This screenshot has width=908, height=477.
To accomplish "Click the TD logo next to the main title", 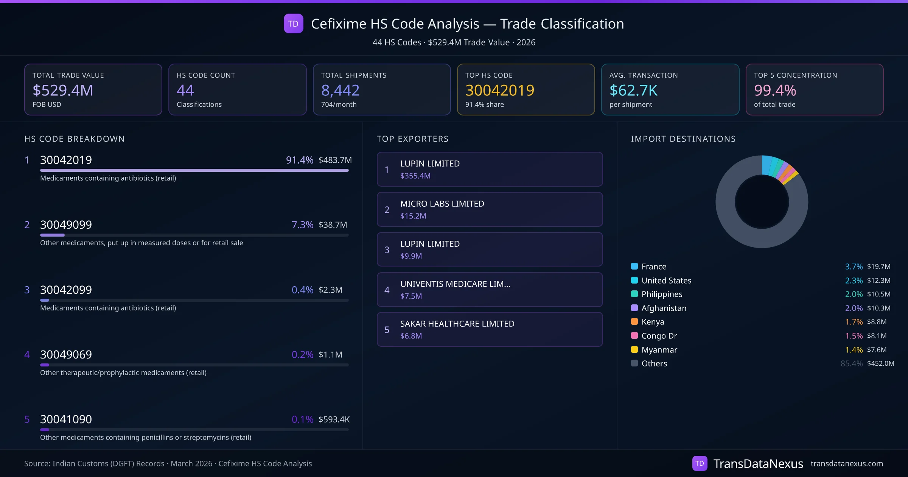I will click(293, 24).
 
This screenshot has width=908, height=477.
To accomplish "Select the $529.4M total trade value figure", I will click(63, 90).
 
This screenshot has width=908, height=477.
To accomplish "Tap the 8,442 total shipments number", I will click(340, 90).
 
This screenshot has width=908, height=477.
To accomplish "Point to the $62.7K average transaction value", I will click(633, 90).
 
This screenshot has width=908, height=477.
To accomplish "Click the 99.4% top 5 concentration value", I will click(775, 90).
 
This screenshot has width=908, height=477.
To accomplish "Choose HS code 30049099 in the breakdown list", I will click(66, 225).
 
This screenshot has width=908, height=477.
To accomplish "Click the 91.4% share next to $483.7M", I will click(299, 160).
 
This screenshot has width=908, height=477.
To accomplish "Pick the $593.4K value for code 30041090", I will click(334, 419).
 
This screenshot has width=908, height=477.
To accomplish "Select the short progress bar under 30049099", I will click(53, 235).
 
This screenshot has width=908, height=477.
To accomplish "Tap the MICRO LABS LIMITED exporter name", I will click(442, 204).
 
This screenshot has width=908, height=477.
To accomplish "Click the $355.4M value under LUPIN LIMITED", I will click(415, 176).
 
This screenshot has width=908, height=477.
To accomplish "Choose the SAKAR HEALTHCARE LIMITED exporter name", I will click(457, 324).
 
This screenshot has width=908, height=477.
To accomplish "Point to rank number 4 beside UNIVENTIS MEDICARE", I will click(387, 290).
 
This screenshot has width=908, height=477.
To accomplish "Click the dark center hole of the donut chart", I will click(762, 202).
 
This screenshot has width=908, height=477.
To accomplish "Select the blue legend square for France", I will click(634, 266).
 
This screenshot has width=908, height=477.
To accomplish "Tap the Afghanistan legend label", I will click(664, 308).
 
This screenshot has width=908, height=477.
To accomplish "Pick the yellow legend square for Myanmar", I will click(634, 349).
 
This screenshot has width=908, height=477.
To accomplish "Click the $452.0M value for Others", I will click(880, 363).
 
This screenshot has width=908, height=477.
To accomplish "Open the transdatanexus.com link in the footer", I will click(846, 464).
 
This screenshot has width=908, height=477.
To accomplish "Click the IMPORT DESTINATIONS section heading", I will click(683, 139).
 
